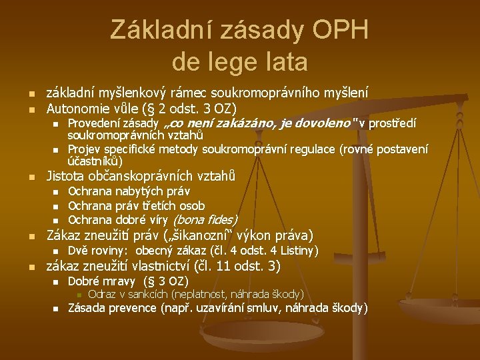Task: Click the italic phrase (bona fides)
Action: tap(205, 220)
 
